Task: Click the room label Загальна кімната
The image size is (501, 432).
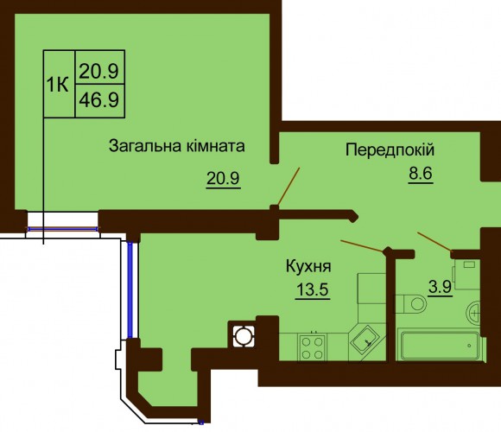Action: [x=177, y=146]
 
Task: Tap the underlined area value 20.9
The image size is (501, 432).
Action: [x=223, y=178]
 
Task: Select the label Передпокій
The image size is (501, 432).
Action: [x=390, y=149]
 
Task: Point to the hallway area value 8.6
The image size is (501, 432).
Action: [x=420, y=174]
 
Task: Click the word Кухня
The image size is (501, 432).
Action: [x=308, y=266]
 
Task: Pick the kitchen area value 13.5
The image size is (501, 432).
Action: [x=313, y=289]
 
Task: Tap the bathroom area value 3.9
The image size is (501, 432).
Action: [x=440, y=287]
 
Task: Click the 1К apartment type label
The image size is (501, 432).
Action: [x=58, y=85]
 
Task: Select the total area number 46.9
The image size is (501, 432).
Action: [x=99, y=100]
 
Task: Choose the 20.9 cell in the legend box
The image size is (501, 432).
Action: [x=99, y=71]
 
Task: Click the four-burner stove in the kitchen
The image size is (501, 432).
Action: [x=312, y=348]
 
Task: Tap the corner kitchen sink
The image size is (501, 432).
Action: [x=366, y=340]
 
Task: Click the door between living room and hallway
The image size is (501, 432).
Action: [x=289, y=187]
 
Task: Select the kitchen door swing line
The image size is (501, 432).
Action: [x=363, y=245]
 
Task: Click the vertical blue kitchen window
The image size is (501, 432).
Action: [x=130, y=290]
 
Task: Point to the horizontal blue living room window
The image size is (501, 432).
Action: [x=62, y=229]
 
